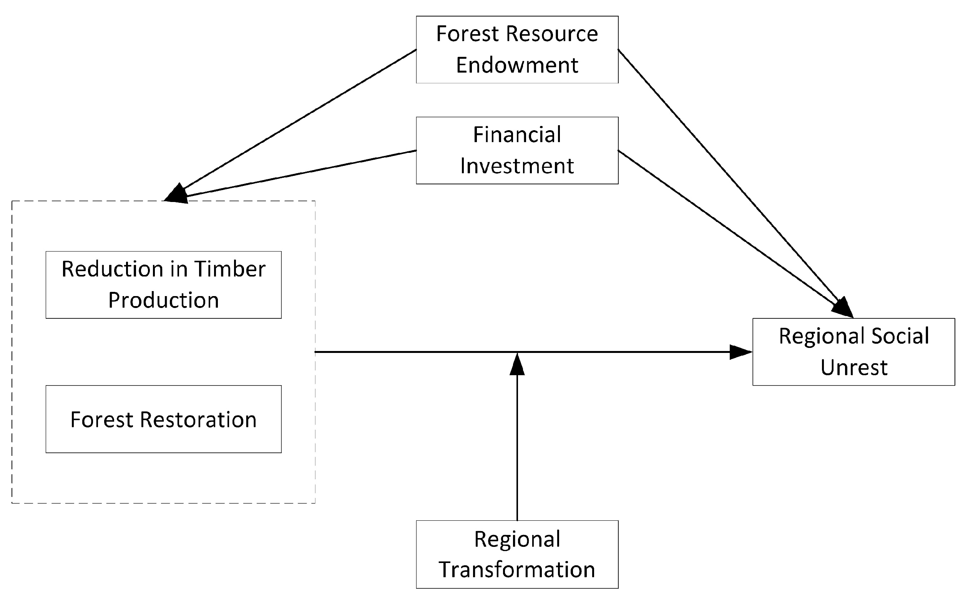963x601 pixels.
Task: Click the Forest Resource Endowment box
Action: click(517, 49)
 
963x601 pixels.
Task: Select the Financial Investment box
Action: click(517, 150)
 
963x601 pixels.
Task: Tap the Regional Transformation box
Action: click(517, 554)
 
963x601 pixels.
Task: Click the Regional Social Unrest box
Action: click(853, 352)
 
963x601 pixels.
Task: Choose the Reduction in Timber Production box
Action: click(163, 285)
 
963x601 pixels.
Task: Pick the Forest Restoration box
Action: click(163, 419)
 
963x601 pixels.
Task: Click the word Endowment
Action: click(517, 65)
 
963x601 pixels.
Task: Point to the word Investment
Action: click(517, 166)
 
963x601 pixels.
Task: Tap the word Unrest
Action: click(853, 367)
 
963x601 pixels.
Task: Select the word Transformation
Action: click(517, 570)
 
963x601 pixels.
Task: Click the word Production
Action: click(163, 300)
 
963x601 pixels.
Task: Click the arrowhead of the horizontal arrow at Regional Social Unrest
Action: click(741, 352)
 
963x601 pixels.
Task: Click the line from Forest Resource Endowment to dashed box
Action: click(298, 120)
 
